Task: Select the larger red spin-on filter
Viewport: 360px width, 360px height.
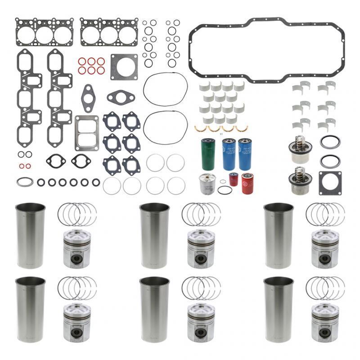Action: click(247, 183)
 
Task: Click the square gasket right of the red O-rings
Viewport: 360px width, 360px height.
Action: click(124, 67)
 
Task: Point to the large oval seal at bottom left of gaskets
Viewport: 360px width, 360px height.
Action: click(25, 182)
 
